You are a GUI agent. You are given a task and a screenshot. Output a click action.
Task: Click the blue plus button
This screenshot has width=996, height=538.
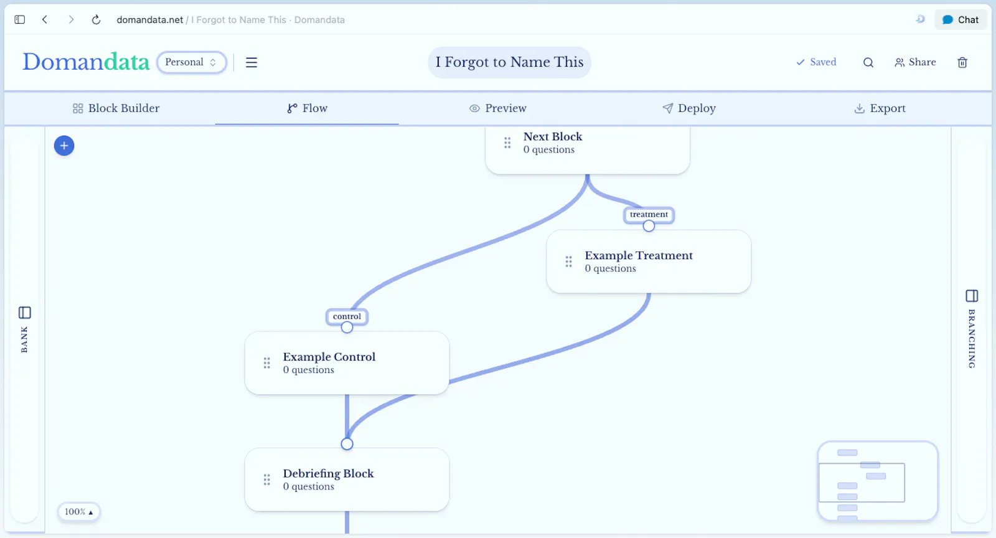coord(64,146)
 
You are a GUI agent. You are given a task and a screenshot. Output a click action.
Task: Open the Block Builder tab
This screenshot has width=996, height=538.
coord(116,108)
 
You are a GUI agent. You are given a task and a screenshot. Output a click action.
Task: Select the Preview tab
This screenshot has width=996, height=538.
coord(497,108)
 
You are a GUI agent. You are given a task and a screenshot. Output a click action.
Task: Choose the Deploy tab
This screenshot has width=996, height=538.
coord(688,108)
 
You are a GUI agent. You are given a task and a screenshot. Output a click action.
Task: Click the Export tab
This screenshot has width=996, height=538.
coord(880,108)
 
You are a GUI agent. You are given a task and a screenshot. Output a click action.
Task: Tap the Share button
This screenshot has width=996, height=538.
coord(915,62)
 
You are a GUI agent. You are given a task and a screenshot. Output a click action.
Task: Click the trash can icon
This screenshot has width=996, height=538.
coord(962,62)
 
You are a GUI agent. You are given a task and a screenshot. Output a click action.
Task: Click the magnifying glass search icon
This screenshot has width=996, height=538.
coord(868,63)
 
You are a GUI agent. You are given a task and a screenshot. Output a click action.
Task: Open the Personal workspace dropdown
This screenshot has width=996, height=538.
coord(191,62)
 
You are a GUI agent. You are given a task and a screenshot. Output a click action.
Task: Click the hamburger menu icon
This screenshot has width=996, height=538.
coord(251,62)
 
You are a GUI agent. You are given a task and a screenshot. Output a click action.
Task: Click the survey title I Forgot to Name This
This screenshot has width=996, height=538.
coord(509,62)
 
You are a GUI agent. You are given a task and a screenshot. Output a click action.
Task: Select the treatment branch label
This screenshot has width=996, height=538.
coord(649,214)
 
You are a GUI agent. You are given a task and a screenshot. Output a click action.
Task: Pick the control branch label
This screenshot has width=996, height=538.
coord(347,316)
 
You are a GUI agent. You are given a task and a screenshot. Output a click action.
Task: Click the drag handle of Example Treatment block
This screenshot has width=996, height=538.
coord(569,262)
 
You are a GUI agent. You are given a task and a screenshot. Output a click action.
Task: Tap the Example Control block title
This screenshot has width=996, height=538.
coord(329,357)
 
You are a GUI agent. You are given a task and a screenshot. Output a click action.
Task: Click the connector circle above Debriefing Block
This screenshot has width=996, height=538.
coord(347,444)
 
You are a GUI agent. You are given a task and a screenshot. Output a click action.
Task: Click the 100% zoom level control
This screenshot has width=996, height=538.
coord(78,512)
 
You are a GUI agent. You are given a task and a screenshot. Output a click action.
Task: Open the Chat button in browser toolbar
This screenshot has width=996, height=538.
coord(961,19)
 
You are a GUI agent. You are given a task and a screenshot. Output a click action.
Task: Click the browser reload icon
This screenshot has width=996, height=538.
coord(96,19)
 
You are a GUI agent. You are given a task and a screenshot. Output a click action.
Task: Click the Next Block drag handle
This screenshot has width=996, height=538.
coord(507,143)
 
